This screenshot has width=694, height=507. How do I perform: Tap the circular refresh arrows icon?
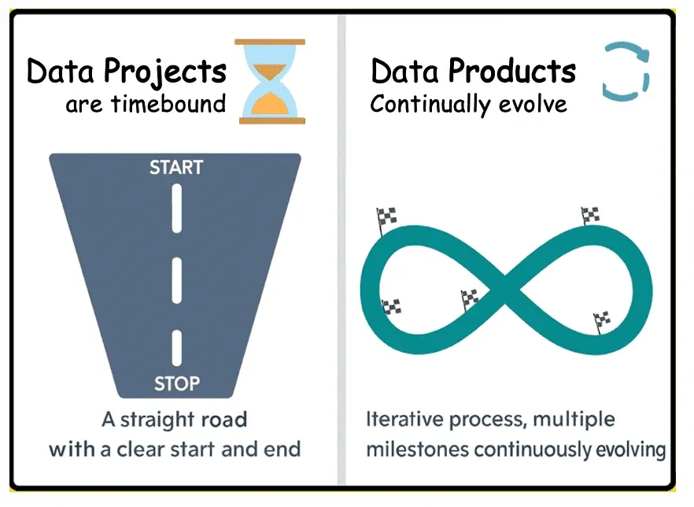[x=626, y=72]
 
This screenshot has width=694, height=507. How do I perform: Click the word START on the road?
[x=176, y=167]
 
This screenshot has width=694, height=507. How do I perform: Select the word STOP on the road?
[x=176, y=384]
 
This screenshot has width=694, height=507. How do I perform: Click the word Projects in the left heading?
[x=166, y=72]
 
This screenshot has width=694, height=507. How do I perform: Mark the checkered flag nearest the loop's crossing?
[x=470, y=298]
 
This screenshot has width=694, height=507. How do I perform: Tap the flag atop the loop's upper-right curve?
[x=590, y=213]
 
